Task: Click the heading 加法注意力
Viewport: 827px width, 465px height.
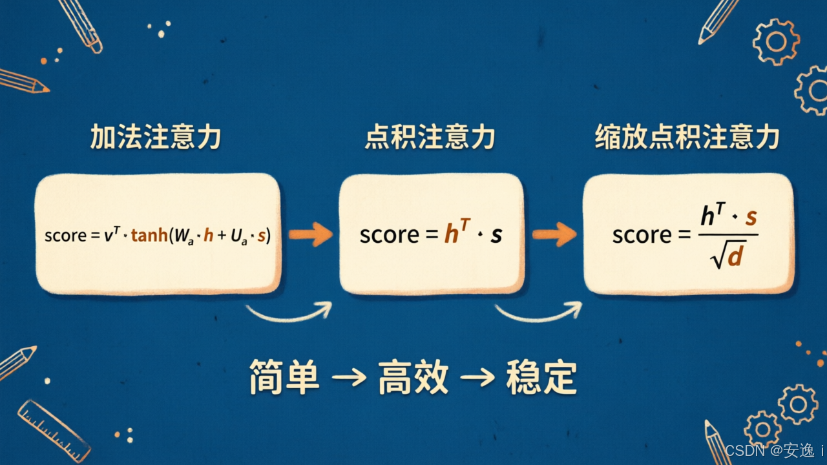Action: pyautogui.click(x=156, y=137)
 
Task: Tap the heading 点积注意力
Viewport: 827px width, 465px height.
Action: pyautogui.click(x=430, y=137)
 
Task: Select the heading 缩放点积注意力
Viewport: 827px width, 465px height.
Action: pyautogui.click(x=687, y=137)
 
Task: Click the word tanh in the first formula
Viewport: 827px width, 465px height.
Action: pyautogui.click(x=149, y=235)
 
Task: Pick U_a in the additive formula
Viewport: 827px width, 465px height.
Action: pyautogui.click(x=239, y=236)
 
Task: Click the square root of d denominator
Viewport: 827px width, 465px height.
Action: pyautogui.click(x=727, y=255)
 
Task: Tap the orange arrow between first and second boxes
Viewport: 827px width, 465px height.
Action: pyautogui.click(x=311, y=234)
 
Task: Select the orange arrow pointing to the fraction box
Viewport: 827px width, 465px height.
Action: pyautogui.click(x=554, y=234)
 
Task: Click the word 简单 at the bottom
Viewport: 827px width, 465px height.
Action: pyautogui.click(x=284, y=378)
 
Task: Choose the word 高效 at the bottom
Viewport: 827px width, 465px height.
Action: pyautogui.click(x=413, y=378)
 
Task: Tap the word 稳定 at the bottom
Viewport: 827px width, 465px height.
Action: pyautogui.click(x=541, y=378)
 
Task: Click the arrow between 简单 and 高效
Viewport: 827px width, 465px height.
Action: pyautogui.click(x=349, y=378)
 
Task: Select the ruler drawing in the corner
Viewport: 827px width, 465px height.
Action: pyautogui.click(x=54, y=431)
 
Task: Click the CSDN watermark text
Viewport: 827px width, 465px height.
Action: pyautogui.click(x=774, y=451)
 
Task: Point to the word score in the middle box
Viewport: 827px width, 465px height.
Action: pyautogui.click(x=390, y=235)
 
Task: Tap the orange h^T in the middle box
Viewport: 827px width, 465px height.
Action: pyautogui.click(x=457, y=231)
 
